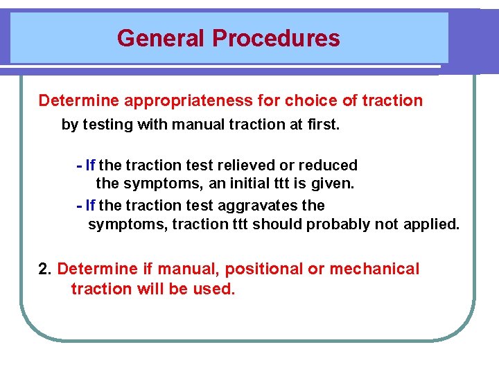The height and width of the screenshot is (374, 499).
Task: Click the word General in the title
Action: [x=161, y=37]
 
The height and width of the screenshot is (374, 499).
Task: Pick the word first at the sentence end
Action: [x=324, y=125]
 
